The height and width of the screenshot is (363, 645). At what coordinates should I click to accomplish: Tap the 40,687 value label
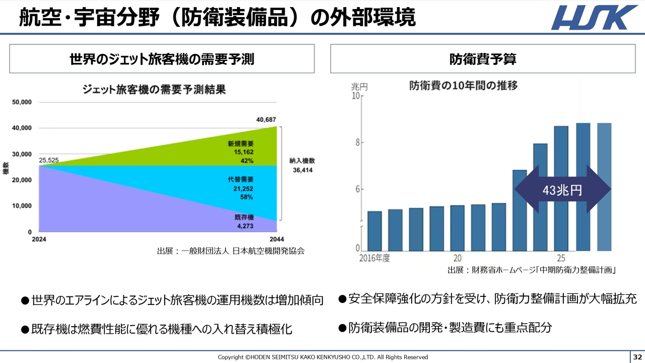click(x=266, y=119)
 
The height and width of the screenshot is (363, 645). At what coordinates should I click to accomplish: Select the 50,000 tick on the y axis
click(x=22, y=102)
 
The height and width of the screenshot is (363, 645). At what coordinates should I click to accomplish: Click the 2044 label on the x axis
click(x=276, y=239)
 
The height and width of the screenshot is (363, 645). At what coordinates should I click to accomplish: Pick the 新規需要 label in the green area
click(x=241, y=144)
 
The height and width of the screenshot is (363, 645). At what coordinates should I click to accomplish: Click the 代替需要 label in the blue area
click(x=241, y=179)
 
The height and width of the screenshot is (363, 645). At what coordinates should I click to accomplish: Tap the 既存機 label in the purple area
click(x=244, y=217)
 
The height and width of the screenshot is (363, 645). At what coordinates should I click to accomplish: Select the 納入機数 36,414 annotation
click(x=302, y=165)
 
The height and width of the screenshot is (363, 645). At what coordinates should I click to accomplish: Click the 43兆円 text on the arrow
click(x=562, y=190)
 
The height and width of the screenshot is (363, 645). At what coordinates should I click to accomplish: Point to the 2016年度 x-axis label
click(x=374, y=258)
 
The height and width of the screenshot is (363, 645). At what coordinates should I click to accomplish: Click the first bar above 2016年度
click(x=374, y=231)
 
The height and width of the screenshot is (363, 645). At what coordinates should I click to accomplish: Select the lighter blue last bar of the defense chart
click(x=604, y=187)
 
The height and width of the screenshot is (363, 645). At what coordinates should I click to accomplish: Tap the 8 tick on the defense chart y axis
click(x=358, y=143)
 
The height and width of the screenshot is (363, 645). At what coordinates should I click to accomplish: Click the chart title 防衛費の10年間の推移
click(x=463, y=86)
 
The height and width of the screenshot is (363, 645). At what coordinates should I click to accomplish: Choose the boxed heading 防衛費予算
click(x=482, y=59)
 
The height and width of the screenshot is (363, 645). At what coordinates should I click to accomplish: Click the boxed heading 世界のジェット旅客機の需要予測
click(x=162, y=59)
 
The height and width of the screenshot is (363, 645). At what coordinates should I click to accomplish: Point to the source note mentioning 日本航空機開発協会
click(x=231, y=251)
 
